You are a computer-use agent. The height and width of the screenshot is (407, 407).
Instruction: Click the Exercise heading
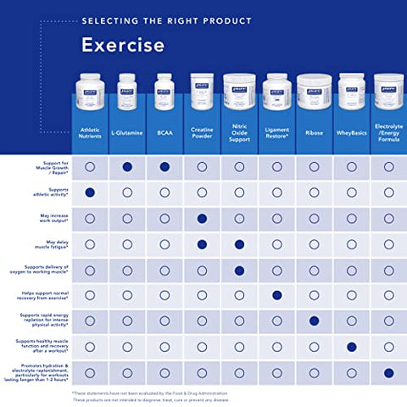pyautogui.click(x=123, y=44)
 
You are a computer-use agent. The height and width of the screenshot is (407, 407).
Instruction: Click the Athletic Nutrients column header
pyautogui.click(x=89, y=132)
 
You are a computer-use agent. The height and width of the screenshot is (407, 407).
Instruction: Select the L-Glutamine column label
pyautogui.click(x=126, y=132)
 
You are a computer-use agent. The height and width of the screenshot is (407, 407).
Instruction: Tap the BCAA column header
pyautogui.click(x=164, y=132)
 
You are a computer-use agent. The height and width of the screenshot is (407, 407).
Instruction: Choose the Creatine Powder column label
pyautogui.click(x=202, y=132)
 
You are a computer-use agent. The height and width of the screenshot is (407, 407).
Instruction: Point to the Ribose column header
pyautogui.click(x=314, y=132)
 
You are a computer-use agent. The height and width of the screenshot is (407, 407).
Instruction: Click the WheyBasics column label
pyautogui.click(x=351, y=132)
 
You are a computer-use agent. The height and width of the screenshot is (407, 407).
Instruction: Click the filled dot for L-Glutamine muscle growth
pyautogui.click(x=126, y=167)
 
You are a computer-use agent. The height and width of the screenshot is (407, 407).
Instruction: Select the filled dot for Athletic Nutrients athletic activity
pyautogui.click(x=89, y=192)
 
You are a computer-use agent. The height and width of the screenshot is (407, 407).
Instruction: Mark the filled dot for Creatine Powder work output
pyautogui.click(x=202, y=219)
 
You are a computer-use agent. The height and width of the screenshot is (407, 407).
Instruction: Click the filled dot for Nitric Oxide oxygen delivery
pyautogui.click(x=239, y=270)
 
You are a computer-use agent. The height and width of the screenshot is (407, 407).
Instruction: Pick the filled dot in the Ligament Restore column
pyautogui.click(x=276, y=296)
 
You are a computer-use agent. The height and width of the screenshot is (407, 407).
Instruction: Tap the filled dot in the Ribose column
pyautogui.click(x=314, y=321)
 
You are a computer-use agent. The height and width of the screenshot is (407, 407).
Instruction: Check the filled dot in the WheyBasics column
pyautogui.click(x=351, y=347)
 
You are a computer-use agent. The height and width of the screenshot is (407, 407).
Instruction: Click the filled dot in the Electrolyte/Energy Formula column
pyautogui.click(x=388, y=372)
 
